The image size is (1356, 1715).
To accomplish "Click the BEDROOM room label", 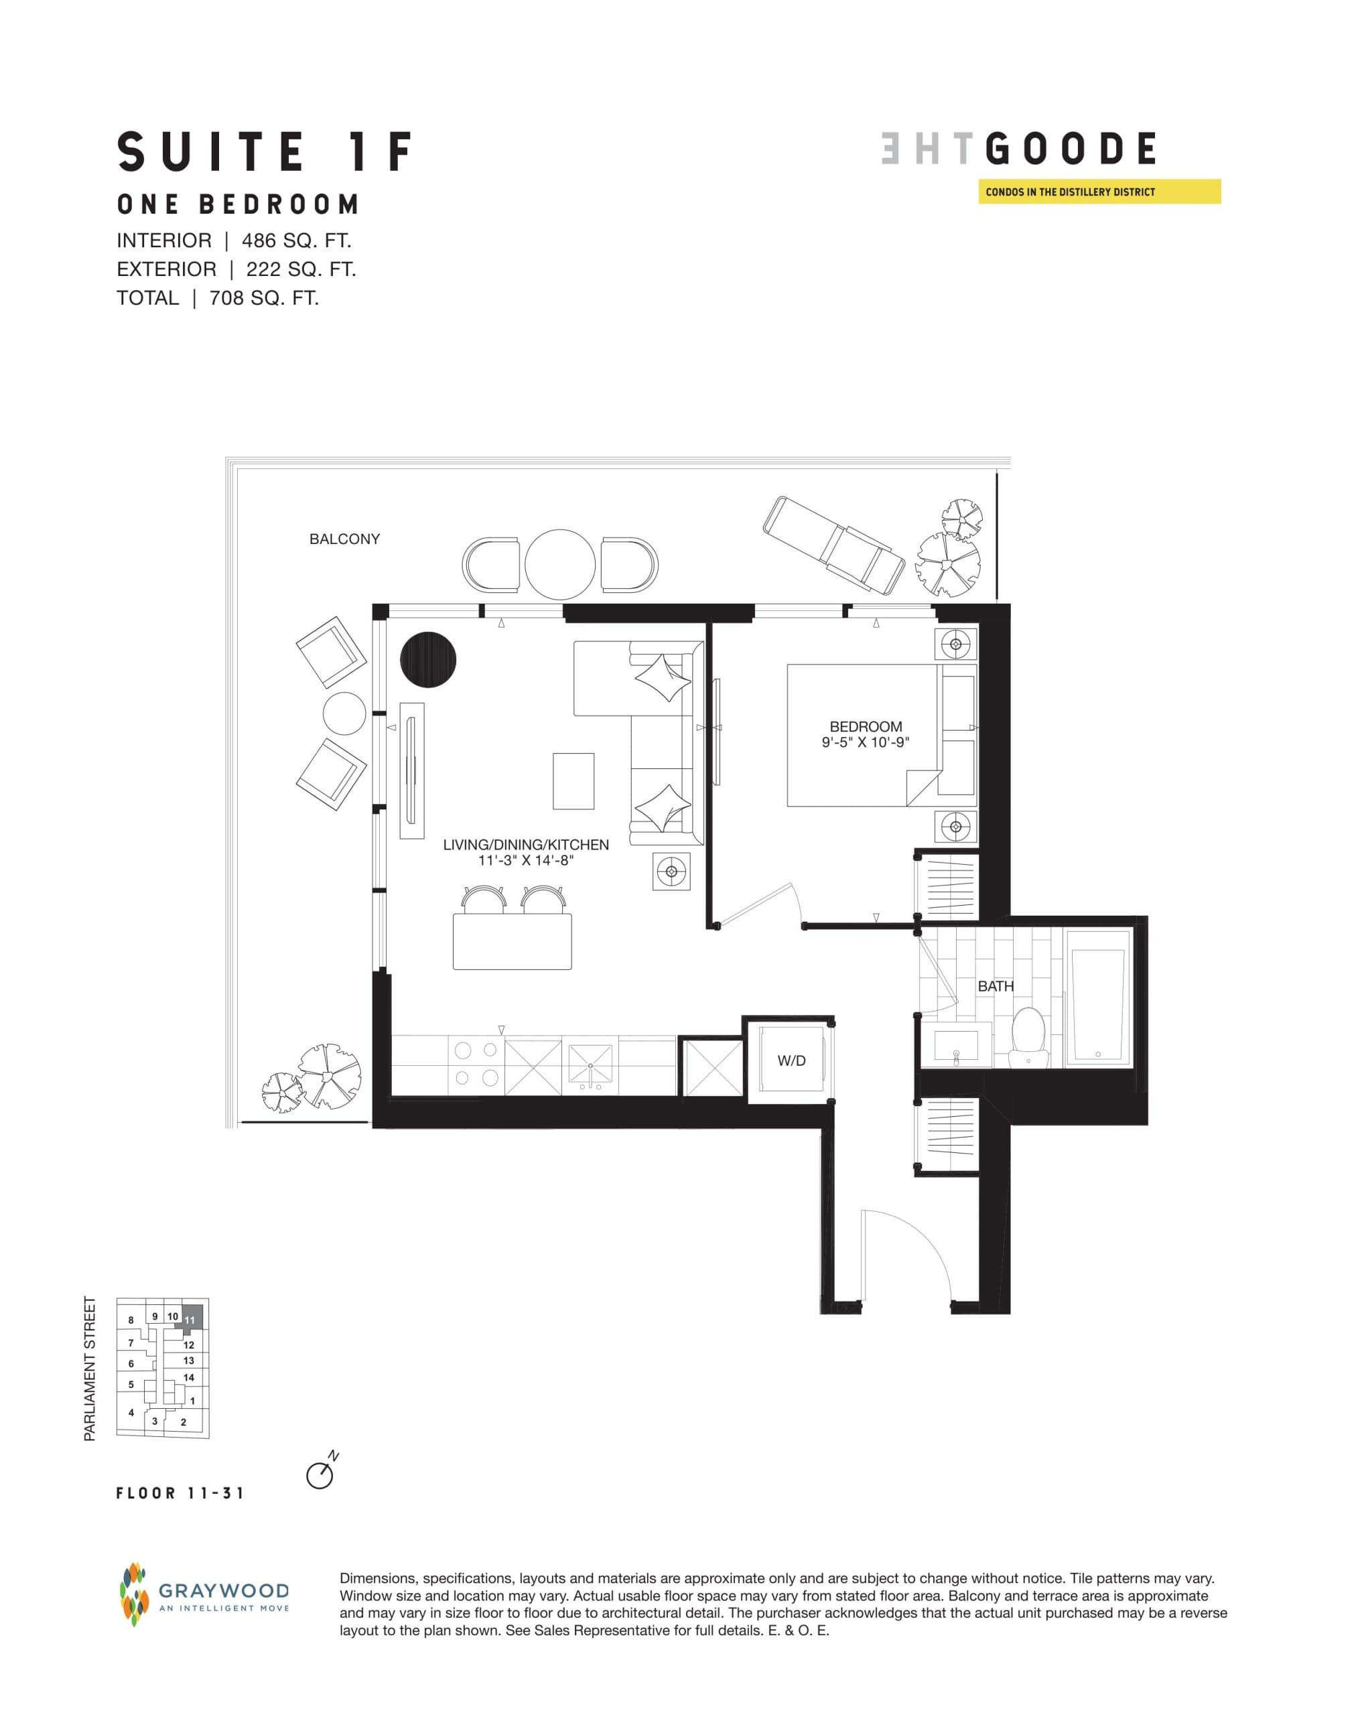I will click(866, 726).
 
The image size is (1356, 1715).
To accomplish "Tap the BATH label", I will click(996, 986).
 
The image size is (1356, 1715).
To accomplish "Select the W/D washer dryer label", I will click(791, 1060).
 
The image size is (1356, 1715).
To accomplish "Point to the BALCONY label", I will click(344, 539).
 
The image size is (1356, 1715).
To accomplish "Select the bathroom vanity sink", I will click(957, 1046).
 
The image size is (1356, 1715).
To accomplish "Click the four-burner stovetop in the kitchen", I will click(476, 1064).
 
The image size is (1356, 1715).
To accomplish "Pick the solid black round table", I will click(428, 661).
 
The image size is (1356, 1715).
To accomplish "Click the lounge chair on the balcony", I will click(833, 545).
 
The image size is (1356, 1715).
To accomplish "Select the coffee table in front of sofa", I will click(573, 781).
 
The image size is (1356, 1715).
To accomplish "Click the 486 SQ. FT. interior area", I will click(296, 241).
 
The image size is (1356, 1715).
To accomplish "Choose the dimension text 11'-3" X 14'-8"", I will click(525, 860).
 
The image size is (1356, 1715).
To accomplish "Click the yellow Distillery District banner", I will click(1099, 192).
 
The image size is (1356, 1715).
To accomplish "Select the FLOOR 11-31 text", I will click(180, 1493).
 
